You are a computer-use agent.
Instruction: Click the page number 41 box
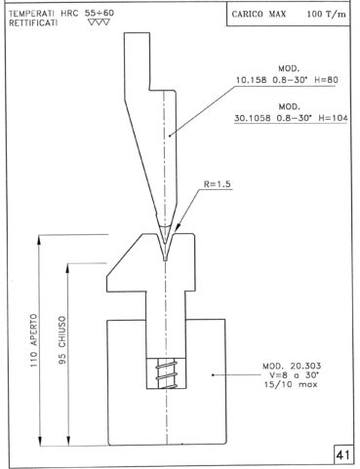(x=342, y=454)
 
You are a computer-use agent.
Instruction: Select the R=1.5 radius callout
(x=218, y=184)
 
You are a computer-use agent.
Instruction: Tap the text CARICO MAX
(x=259, y=14)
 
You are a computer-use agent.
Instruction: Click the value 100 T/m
(x=326, y=14)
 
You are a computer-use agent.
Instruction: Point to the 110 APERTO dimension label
(x=34, y=340)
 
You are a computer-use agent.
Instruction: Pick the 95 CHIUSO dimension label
(x=62, y=340)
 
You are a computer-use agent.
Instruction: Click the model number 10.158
(x=251, y=80)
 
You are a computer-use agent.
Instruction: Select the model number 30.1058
(x=253, y=118)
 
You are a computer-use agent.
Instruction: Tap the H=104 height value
(x=333, y=118)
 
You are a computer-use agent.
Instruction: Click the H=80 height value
(x=326, y=80)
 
